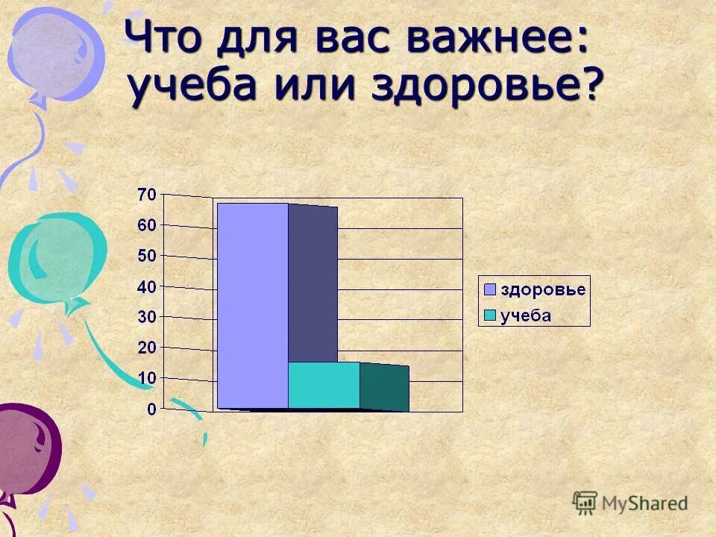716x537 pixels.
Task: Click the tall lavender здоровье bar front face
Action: coord(252,306)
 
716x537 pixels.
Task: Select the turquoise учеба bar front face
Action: coord(324,386)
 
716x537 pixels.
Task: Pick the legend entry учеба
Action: coord(526,315)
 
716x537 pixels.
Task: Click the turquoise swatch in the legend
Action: coord(490,315)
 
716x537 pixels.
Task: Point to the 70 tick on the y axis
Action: coord(147,195)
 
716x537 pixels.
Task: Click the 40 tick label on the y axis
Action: coord(147,286)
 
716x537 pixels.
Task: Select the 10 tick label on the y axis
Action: coord(147,378)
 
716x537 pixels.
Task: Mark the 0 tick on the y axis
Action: coord(151,409)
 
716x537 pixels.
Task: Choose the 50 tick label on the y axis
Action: coord(147,256)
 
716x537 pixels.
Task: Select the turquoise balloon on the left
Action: coord(56,257)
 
